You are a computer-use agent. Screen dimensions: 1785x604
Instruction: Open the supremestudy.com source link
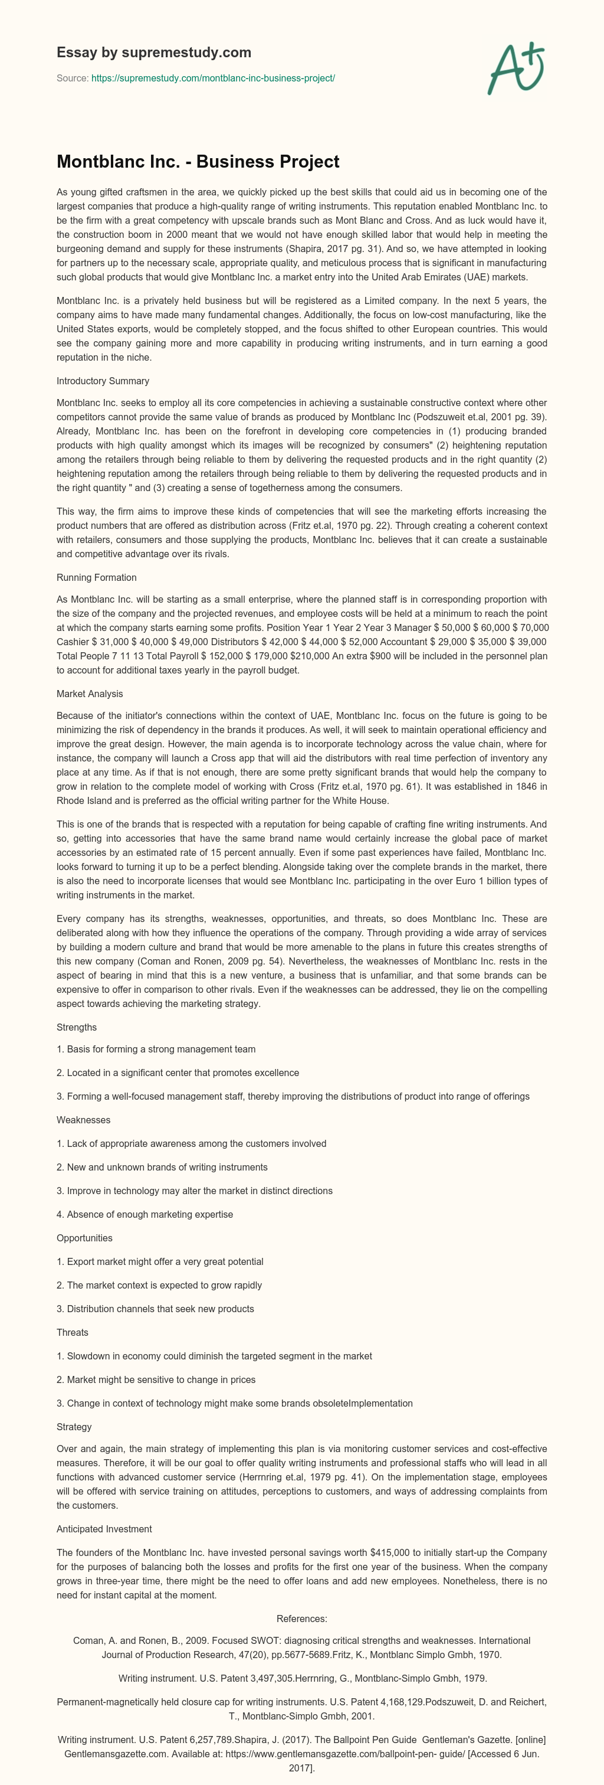pyautogui.click(x=214, y=79)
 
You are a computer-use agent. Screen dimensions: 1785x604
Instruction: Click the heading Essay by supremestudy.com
pyautogui.click(x=154, y=53)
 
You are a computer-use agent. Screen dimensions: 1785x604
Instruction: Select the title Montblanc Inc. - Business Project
pyautogui.click(x=198, y=162)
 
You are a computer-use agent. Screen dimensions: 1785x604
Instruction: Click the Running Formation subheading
pyautogui.click(x=96, y=577)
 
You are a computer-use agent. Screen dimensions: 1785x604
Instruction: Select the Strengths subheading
pyautogui.click(x=76, y=1027)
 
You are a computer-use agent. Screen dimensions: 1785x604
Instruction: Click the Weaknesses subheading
pyautogui.click(x=83, y=1120)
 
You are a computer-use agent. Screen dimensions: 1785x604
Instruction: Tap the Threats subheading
pyautogui.click(x=72, y=1332)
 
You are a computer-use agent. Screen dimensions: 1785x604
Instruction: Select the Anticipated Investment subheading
pyautogui.click(x=104, y=1529)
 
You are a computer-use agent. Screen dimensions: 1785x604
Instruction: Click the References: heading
pyautogui.click(x=302, y=1619)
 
